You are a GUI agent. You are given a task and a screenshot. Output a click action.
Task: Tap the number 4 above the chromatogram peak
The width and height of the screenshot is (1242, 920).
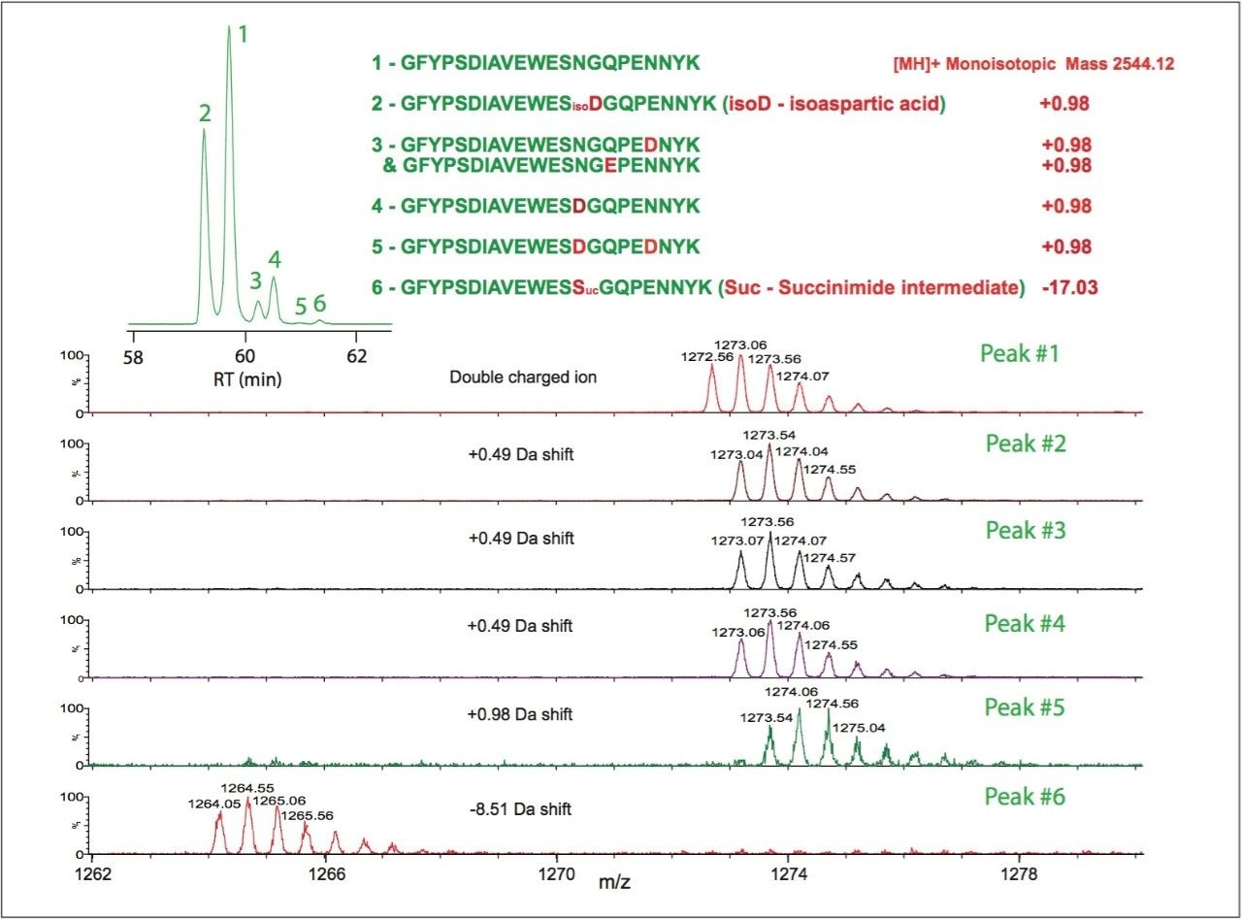(x=275, y=259)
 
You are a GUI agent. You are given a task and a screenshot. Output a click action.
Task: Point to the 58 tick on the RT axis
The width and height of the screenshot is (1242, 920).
(x=133, y=356)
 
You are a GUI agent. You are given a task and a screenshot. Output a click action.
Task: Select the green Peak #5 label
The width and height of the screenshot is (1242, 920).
(x=1025, y=707)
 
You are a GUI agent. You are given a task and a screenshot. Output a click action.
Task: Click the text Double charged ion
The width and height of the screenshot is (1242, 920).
(x=523, y=378)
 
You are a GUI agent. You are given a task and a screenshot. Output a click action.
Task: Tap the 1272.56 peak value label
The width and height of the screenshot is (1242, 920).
(x=708, y=356)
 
